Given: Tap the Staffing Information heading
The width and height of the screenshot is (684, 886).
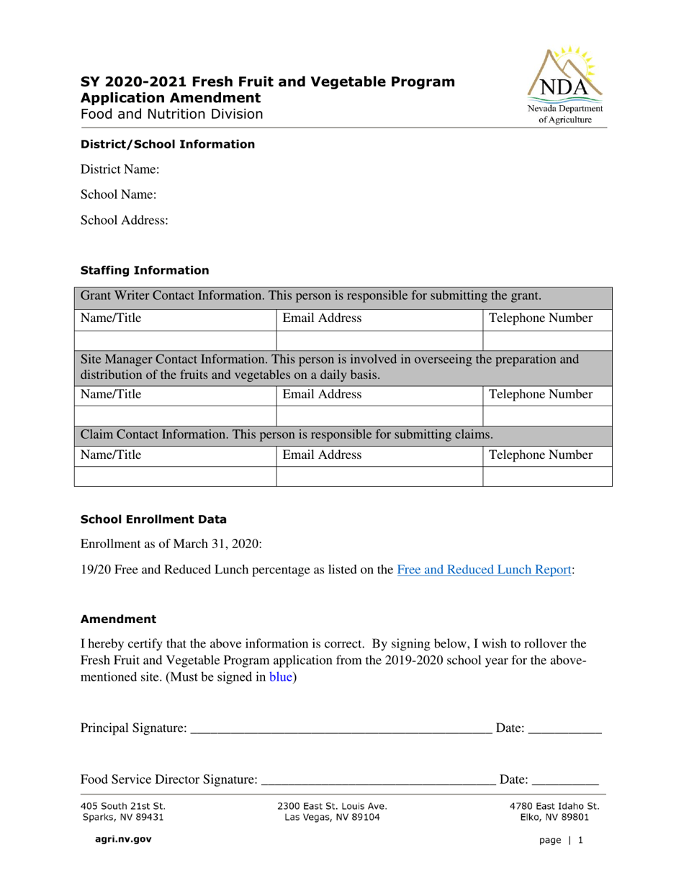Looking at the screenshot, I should (145, 271).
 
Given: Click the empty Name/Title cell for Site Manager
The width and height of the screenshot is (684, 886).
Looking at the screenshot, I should (175, 414).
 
